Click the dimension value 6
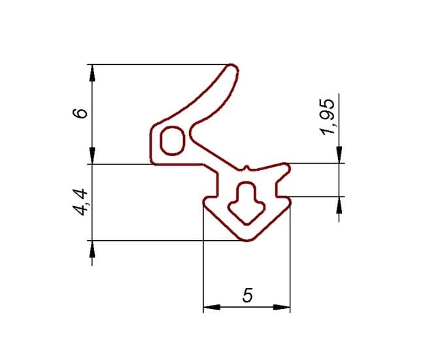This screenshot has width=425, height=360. tap(80, 113)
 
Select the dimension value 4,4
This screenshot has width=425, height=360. tap(80, 202)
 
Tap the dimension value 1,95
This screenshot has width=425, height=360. tap(328, 117)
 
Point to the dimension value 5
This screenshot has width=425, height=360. tap(247, 295)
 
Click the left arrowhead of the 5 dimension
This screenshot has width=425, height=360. tap(212, 307)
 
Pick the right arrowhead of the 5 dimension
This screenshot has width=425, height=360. tap(282, 307)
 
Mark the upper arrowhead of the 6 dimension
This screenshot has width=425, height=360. tap(92, 73)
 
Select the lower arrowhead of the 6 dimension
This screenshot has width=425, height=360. tap(92, 156)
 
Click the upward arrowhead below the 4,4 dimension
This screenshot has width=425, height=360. tap(92, 249)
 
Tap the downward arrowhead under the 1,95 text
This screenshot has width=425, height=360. tap(339, 154)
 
